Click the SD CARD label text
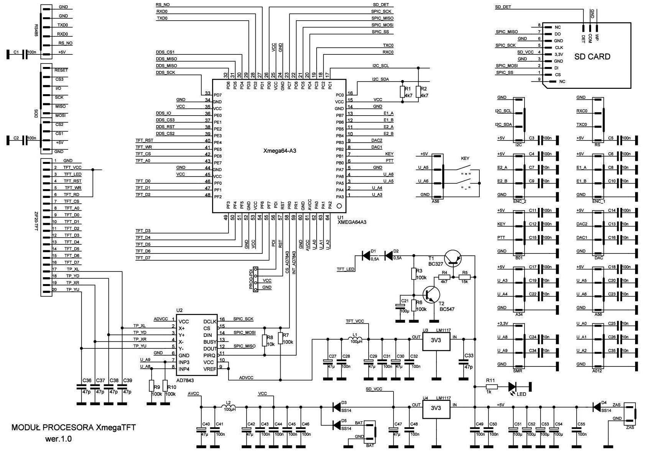click(592, 57)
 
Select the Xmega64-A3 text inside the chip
click(279, 151)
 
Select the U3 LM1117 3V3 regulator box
click(436, 341)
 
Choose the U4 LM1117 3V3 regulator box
click(436, 408)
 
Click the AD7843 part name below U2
click(186, 380)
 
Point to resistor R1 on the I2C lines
click(402, 92)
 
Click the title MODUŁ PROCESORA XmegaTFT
click(74, 427)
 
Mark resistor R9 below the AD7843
click(152, 386)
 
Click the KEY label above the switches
click(465, 158)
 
